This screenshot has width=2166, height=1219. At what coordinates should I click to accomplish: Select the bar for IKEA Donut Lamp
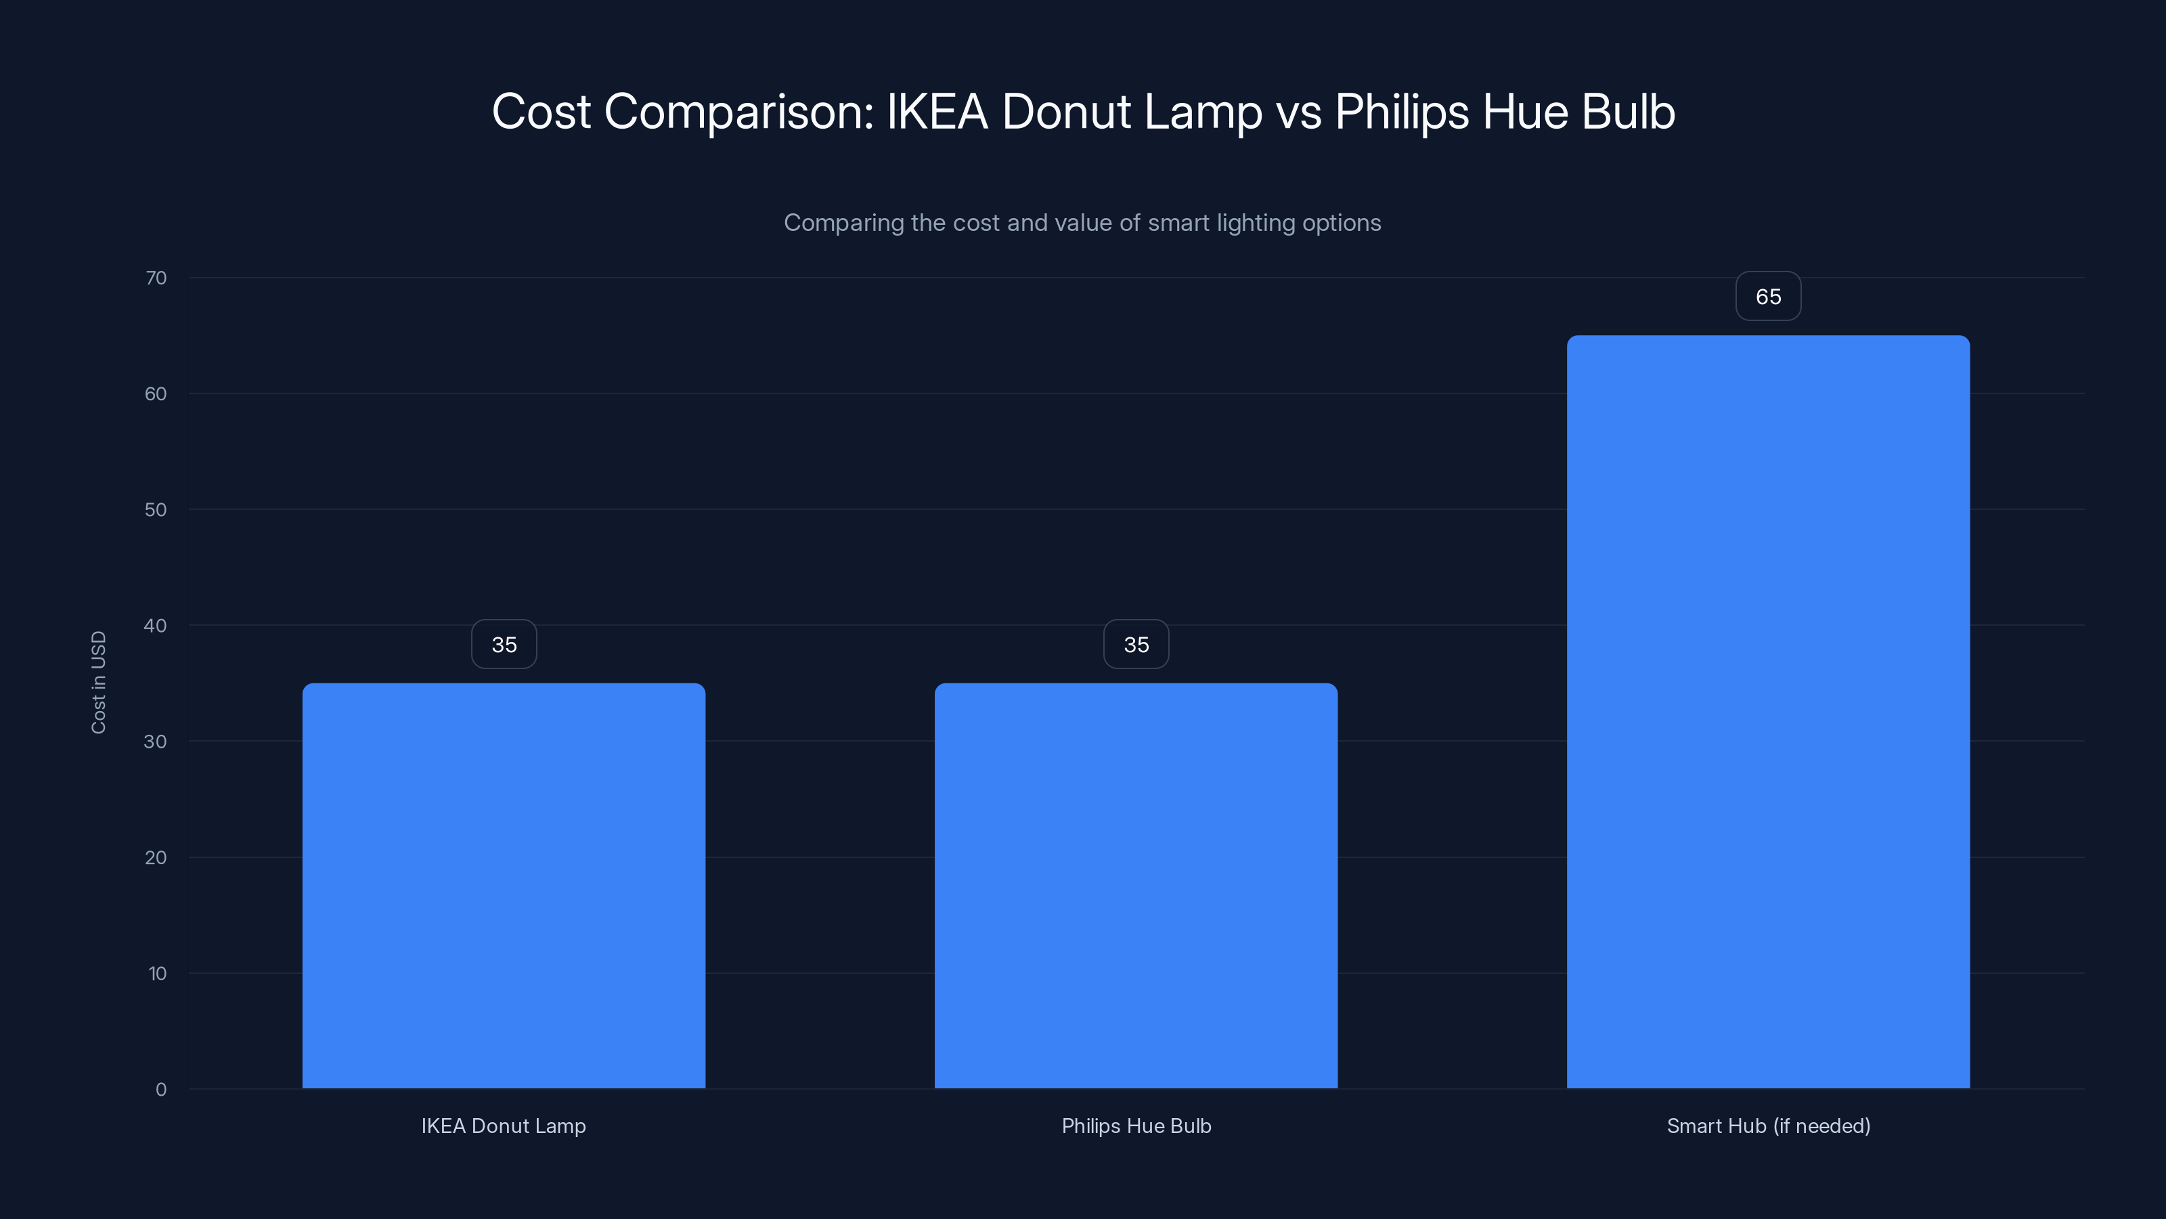(x=504, y=885)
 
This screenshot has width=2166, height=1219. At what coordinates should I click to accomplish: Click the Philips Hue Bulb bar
(x=1136, y=885)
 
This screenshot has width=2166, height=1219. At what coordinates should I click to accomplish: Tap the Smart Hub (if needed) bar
(x=1768, y=712)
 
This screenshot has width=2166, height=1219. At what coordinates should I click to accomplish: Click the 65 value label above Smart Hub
(x=1768, y=296)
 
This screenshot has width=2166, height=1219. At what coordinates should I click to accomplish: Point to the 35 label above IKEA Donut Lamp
(x=504, y=645)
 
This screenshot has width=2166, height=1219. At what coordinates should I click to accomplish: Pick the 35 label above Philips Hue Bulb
(x=1136, y=645)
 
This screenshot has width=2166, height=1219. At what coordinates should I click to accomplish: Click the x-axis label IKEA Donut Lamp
(x=504, y=1126)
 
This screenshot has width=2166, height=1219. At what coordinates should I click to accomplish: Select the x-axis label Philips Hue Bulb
(x=1136, y=1126)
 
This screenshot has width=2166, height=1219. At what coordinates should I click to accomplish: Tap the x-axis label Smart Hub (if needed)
(x=1768, y=1126)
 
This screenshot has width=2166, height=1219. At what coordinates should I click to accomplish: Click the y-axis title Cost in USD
(x=98, y=682)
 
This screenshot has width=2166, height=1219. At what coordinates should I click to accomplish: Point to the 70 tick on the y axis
(x=156, y=278)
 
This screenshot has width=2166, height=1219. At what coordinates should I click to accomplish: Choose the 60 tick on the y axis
(x=156, y=393)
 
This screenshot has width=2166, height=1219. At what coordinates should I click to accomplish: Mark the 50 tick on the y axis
(x=156, y=510)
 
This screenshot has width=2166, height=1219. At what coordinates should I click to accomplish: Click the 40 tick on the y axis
(x=156, y=625)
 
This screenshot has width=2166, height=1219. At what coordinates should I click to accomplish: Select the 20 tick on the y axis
(x=156, y=857)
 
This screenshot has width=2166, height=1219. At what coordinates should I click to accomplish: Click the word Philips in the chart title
(x=1402, y=112)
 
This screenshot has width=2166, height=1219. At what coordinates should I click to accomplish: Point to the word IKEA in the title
(x=937, y=112)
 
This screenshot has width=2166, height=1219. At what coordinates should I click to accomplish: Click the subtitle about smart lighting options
(x=1082, y=223)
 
